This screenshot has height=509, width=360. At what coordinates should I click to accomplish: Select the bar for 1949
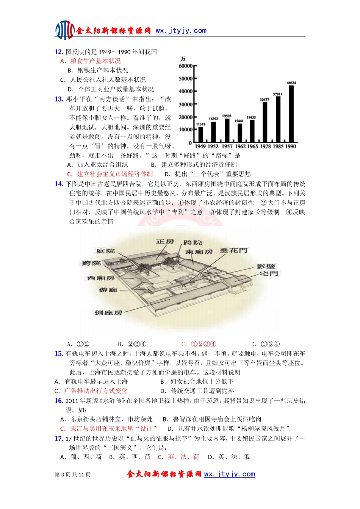pos(200,134)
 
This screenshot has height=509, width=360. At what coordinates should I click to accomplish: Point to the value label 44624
pos(291,83)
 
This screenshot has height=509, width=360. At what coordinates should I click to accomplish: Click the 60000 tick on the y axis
pos(186,66)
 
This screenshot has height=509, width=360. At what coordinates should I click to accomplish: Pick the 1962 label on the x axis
pos(240,146)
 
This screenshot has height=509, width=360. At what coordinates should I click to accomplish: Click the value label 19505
pos(227,116)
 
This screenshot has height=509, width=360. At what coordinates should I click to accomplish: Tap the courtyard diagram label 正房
pos(165,242)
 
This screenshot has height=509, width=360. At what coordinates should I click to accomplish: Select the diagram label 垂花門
pos(233,250)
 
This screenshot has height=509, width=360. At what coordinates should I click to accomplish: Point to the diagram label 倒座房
pos(108,312)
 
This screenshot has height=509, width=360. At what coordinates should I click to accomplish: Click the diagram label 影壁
pos(266,267)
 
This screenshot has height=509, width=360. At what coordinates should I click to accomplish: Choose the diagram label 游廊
pos(108,290)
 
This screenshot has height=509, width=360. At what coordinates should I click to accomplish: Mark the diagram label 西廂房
pos(101,278)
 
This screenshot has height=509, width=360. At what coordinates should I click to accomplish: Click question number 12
pos(59,52)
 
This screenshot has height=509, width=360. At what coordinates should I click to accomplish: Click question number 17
pos(59,439)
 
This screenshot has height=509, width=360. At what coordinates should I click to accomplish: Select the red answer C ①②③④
pos(199,344)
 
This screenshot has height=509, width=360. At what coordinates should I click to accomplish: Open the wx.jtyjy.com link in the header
pos(181,31)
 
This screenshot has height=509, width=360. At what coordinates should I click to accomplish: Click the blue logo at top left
pos(65,30)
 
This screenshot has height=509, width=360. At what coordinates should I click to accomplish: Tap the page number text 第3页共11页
pos(73,475)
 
